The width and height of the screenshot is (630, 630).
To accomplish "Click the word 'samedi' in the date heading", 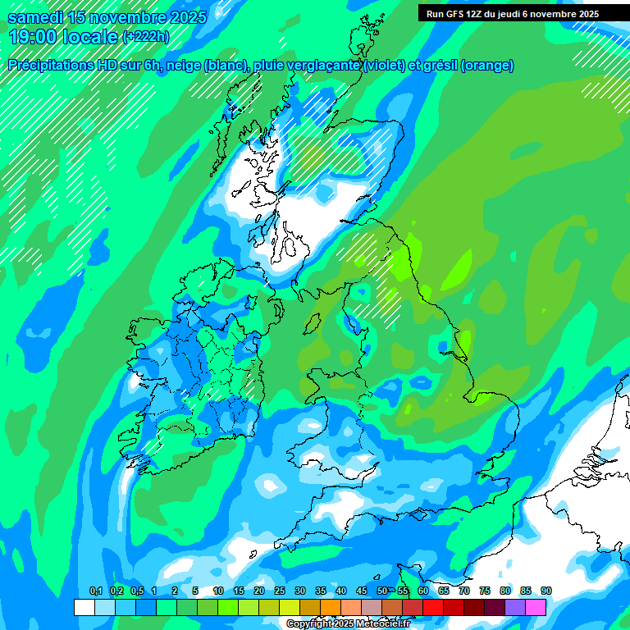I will click(35, 16).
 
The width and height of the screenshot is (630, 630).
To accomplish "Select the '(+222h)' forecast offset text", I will click(145, 37).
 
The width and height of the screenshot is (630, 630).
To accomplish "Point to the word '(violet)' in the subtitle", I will click(383, 66).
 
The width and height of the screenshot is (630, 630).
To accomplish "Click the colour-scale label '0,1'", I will click(95, 591).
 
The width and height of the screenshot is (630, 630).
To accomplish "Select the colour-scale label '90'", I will click(546, 591).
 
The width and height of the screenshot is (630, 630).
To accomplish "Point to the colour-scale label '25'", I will click(280, 591).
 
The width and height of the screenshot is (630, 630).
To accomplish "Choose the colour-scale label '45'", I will click(362, 591).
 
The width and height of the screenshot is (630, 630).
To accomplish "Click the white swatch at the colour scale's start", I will click(84, 607).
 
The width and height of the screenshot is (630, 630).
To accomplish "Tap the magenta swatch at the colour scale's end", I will click(536, 607).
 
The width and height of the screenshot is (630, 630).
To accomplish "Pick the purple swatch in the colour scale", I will click(515, 607).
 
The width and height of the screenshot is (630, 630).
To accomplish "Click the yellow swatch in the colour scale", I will click(289, 607).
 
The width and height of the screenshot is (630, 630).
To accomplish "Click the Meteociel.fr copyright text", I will click(348, 624).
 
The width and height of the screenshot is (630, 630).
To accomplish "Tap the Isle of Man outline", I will click(312, 322).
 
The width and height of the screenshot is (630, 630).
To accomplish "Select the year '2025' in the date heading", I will click(182, 16).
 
